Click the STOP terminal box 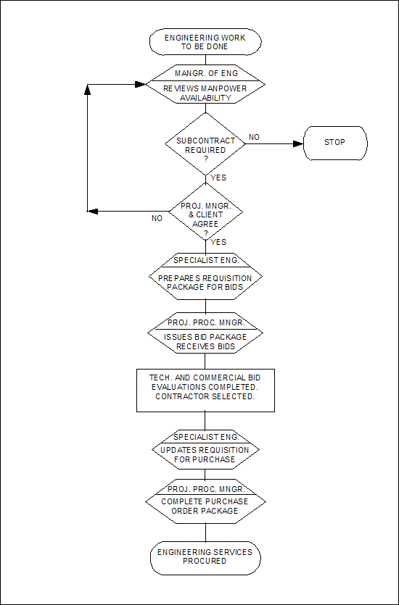point(335,143)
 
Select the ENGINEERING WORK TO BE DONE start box point(205,42)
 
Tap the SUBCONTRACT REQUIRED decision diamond point(205,143)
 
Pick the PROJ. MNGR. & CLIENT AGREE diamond point(205,212)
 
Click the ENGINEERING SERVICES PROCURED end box point(205,557)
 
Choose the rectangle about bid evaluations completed point(205,390)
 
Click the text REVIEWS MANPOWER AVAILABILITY point(205,93)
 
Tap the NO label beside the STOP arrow point(254,138)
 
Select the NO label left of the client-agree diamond point(157,218)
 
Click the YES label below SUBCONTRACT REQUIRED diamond point(218,178)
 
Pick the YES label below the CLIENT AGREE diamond point(218,242)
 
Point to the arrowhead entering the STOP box point(298,143)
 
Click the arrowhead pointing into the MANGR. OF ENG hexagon point(140,84)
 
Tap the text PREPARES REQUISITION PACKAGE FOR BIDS point(205,283)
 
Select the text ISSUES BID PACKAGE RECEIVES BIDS point(205,342)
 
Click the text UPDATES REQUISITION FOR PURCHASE point(205,454)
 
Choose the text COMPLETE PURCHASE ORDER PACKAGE point(205,506)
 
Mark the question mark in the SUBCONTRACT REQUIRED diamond point(205,159)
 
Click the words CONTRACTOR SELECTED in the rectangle point(205,397)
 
